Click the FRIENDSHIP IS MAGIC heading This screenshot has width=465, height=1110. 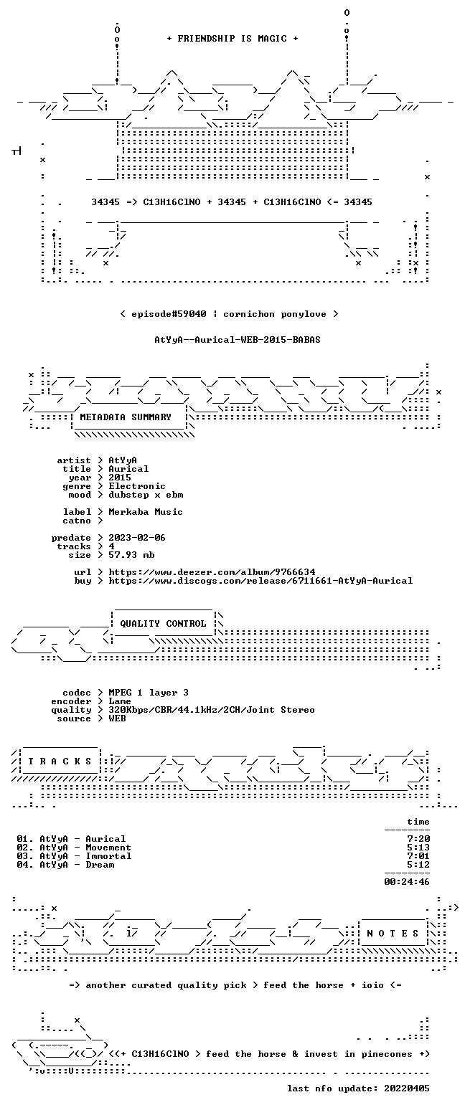click(232, 39)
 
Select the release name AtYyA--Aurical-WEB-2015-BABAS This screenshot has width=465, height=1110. click(238, 340)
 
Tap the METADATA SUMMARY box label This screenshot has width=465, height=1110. click(126, 417)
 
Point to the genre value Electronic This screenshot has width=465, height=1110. click(137, 486)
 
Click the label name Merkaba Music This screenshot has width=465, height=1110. click(146, 512)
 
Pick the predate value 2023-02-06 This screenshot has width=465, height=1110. click(137, 538)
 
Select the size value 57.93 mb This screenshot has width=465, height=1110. click(131, 555)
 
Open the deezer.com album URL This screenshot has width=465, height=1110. click(212, 572)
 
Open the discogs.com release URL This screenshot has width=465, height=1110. click(260, 581)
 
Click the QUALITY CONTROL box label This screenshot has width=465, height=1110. click(163, 624)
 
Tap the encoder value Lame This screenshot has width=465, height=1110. click(120, 702)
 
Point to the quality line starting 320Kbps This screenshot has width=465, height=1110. click(212, 710)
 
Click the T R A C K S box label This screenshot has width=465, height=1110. click(60, 762)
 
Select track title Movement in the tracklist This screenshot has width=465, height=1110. click(108, 848)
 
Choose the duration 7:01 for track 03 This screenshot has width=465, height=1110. click(418, 856)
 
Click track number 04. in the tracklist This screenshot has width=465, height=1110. click(25, 865)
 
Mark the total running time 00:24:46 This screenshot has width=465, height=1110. click(407, 882)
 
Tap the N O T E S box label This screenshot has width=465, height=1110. click(393, 934)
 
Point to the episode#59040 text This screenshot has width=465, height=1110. click(169, 314)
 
